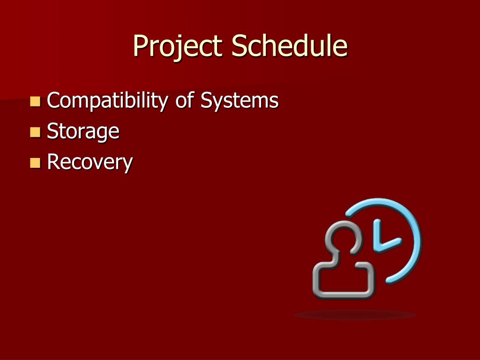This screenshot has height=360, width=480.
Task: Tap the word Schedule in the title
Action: [x=289, y=46]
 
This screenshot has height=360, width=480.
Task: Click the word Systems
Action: [x=239, y=101]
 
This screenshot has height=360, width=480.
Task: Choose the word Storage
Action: [x=83, y=132]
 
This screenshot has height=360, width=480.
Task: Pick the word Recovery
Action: [x=90, y=163]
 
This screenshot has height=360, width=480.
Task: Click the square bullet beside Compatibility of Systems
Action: [x=35, y=101]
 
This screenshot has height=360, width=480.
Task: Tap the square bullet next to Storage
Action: [x=35, y=132]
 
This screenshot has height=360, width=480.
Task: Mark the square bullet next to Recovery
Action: [x=35, y=163]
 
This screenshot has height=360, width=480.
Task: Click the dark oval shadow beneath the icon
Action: [x=355, y=315]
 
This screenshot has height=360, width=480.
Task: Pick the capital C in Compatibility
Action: [x=54, y=101]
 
